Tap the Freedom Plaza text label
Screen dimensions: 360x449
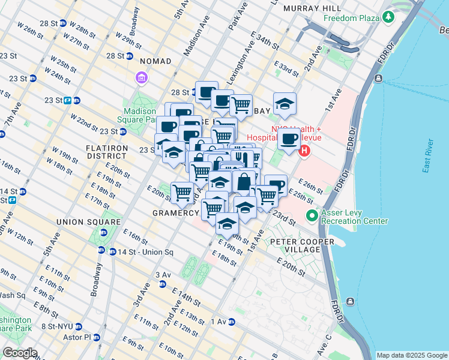pyautogui.click(x=352, y=18)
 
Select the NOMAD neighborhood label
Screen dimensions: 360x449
pyautogui.click(x=155, y=61)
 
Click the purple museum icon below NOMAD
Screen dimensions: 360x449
pyautogui.click(x=142, y=78)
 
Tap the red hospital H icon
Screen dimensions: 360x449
pyautogui.click(x=304, y=149)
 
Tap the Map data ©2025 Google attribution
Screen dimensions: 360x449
pyautogui.click(x=411, y=355)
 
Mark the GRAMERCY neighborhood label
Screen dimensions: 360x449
pyautogui.click(x=176, y=213)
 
